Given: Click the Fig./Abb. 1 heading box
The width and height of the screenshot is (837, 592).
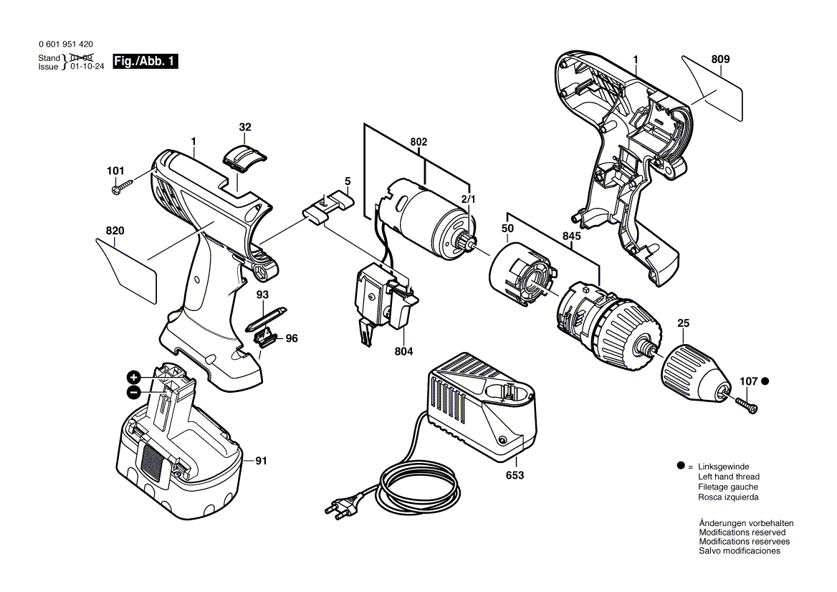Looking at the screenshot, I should (x=145, y=62).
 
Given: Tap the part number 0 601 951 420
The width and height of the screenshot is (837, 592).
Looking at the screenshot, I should (x=66, y=44).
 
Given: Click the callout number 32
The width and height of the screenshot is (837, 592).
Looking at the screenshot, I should (x=245, y=128).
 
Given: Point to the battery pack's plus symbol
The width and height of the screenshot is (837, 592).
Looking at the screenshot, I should (x=133, y=378).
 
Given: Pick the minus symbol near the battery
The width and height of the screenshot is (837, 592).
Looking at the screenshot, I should (x=133, y=392).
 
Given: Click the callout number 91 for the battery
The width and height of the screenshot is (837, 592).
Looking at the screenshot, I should (x=260, y=461).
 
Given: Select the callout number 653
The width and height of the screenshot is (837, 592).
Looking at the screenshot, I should (x=515, y=475).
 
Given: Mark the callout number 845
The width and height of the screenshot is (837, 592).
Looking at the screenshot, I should (x=571, y=236).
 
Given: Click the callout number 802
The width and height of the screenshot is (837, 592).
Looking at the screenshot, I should (x=418, y=143).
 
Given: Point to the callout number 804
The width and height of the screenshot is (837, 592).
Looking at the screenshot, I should (x=404, y=352).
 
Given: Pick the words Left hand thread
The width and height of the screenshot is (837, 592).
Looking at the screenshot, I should (x=728, y=477).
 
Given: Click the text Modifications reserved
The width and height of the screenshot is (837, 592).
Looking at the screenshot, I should (x=742, y=533).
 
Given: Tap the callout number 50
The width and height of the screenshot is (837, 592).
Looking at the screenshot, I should (x=507, y=228).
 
